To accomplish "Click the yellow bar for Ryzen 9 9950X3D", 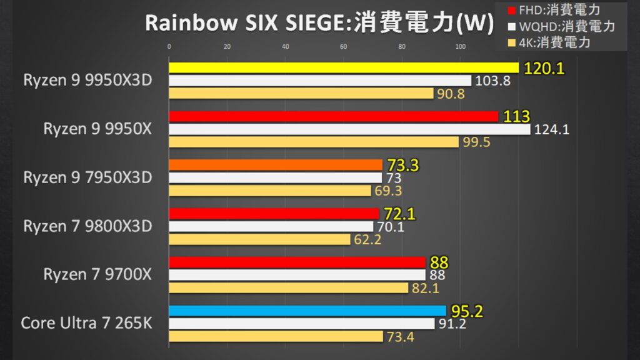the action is point(344,67).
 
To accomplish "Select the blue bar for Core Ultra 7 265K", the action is point(307,311).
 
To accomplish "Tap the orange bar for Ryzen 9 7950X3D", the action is point(276,165).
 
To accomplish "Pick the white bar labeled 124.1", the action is point(349,129).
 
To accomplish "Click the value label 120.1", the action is point(544,68).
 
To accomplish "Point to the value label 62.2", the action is point(367,239).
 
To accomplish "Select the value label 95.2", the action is point(467,311).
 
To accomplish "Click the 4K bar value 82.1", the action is point(425,288).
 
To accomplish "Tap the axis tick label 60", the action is point(344,46).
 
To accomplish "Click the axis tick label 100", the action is point(461,46).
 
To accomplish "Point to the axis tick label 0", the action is point(169,46).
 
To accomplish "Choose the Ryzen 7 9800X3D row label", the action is point(87,226).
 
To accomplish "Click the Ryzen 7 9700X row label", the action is point(97,274).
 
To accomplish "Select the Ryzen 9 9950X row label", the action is point(97,129).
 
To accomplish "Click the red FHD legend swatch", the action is point(512,10).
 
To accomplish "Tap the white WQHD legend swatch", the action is point(512,27).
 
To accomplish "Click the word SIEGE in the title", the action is point(316,23).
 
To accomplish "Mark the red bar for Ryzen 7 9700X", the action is point(297,262).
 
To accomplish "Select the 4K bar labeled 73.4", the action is point(276,336).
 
